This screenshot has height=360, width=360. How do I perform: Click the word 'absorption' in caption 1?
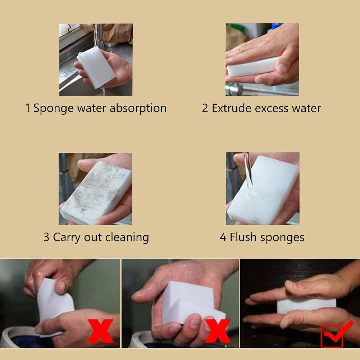coord(138,108)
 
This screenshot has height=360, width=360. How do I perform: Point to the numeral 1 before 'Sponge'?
coord(28,108)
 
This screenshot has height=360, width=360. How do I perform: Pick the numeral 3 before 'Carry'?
coord(46,237)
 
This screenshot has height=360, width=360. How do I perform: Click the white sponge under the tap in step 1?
coord(96,68)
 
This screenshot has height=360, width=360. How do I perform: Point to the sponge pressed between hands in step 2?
coord(252,67)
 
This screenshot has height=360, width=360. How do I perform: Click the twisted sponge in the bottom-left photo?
coord(54,302)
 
